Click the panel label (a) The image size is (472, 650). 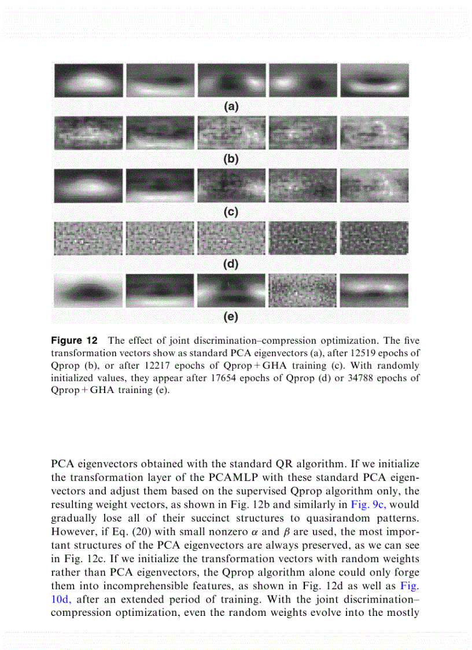tap(231, 107)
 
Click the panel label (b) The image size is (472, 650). tap(231, 159)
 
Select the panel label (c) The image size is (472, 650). tap(231, 212)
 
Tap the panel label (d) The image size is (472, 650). tap(231, 265)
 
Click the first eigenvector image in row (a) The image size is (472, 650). tap(88, 80)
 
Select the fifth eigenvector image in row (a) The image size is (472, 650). tap(374, 80)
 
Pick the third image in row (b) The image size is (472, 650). tap(231, 134)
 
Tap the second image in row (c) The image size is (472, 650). tap(160, 186)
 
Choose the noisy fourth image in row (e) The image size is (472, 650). tap(303, 291)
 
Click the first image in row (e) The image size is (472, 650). tap(88, 291)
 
